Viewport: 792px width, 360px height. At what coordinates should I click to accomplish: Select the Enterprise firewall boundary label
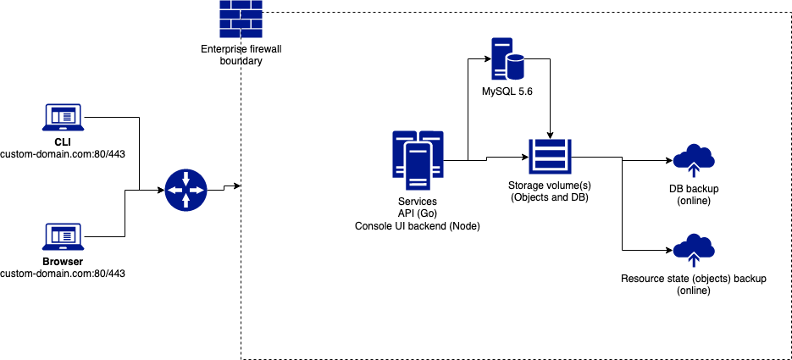point(241,56)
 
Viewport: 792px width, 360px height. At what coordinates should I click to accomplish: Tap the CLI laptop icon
point(62,118)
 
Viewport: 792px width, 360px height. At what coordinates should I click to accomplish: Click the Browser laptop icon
point(62,237)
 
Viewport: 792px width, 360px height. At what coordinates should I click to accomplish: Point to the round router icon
point(186,190)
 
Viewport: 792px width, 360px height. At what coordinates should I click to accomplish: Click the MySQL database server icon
point(507,58)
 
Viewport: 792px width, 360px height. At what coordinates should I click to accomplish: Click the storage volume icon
point(551,157)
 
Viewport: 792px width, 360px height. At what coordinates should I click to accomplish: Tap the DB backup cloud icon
point(694,158)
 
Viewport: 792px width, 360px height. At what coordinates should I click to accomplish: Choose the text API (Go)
point(418,214)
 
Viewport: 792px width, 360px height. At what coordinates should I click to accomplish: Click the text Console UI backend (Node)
point(418,227)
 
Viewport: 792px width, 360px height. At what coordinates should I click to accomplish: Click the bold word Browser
point(62,262)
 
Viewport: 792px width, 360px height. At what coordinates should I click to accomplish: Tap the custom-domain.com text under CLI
point(62,154)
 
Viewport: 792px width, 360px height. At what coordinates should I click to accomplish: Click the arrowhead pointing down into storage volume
point(551,136)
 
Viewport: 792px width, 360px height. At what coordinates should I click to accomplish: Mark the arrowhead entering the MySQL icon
point(488,58)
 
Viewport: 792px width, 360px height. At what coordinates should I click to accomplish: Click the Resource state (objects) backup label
point(693,278)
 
